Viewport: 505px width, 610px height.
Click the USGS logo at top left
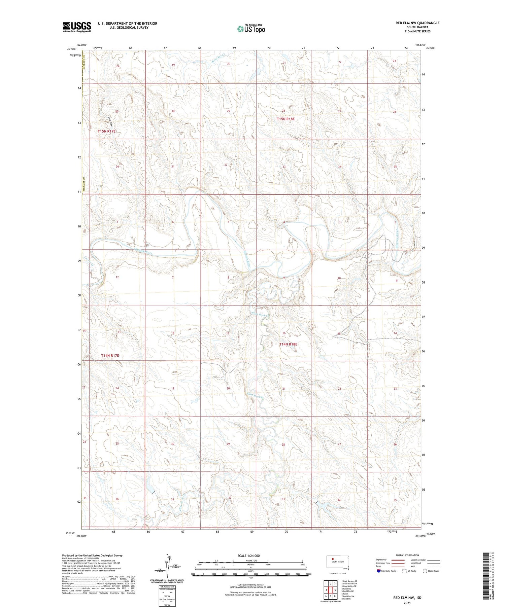(77, 27)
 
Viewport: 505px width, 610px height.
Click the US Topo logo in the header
(251, 29)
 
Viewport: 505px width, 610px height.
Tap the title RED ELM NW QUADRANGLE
(417, 23)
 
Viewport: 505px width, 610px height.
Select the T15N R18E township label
(286, 119)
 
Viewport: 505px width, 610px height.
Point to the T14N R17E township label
(110, 355)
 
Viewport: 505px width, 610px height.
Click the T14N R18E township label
(288, 344)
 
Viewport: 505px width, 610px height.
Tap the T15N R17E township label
(107, 131)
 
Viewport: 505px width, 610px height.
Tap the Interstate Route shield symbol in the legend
(379, 571)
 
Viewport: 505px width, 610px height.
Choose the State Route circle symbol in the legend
(425, 571)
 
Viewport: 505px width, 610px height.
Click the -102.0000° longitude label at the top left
(81, 45)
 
